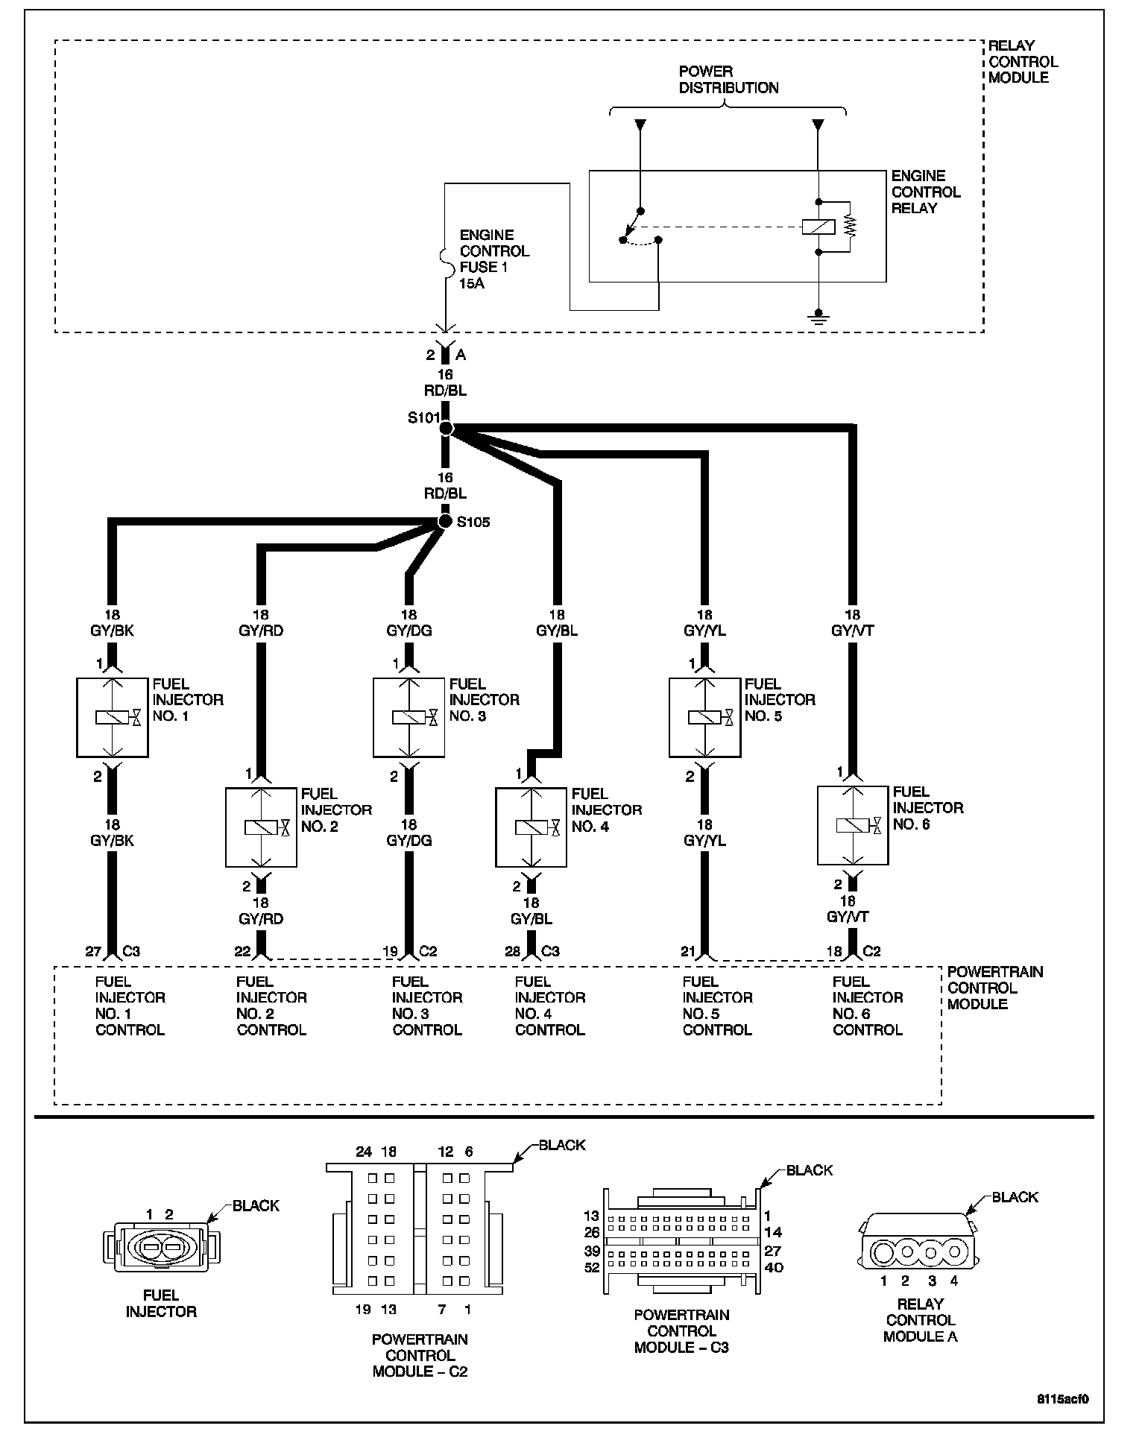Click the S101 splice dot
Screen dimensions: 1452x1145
click(446, 428)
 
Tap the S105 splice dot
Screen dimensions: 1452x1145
click(445, 521)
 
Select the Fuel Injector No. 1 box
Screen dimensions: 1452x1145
click(113, 717)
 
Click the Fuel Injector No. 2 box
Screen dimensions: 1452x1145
click(261, 827)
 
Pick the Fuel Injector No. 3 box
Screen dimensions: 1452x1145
click(409, 717)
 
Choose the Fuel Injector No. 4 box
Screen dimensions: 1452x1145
click(531, 827)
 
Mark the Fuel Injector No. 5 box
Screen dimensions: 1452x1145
click(704, 717)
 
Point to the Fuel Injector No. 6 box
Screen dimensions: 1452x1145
click(853, 825)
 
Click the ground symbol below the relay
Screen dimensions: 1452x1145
click(818, 318)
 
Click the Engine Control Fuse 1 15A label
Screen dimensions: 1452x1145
click(493, 259)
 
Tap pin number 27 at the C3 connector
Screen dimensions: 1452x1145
click(93, 952)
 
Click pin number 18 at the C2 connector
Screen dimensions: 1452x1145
click(833, 952)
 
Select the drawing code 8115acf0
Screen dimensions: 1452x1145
click(1064, 1399)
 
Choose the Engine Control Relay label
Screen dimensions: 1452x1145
click(925, 192)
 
